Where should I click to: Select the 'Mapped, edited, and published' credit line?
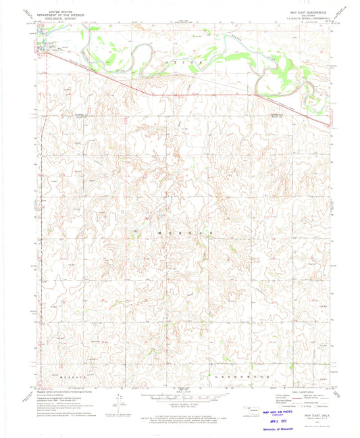[x=62, y=388]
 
